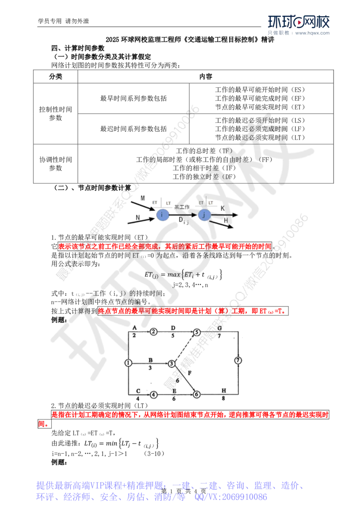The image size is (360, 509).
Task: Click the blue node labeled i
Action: point(162,215)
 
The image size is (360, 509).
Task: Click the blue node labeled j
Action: point(204,215)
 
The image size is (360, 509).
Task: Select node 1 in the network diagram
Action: point(129,362)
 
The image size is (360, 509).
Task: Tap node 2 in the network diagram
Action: point(153,332)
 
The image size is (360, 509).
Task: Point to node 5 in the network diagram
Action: point(197,332)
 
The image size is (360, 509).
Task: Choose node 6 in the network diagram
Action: point(196,394)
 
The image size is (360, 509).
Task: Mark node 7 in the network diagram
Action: point(238,360)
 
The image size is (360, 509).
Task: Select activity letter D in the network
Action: point(173,327)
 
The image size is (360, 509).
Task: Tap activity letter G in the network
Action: point(220,327)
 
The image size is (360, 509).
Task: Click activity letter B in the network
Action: point(151,360)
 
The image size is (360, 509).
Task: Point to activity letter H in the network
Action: point(223,389)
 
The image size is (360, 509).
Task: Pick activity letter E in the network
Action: point(174,391)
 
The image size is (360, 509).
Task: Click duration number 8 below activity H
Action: point(222,398)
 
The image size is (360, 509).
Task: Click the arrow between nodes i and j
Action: point(183,216)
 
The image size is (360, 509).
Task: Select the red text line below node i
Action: point(165,246)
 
